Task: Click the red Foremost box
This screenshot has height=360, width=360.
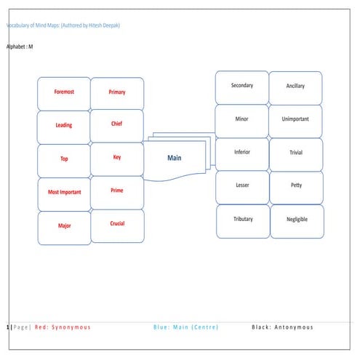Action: [x=64, y=92]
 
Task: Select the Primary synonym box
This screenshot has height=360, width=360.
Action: [x=117, y=92]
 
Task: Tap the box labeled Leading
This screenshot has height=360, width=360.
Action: [x=64, y=125]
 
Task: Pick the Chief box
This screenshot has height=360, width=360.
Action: [x=117, y=124]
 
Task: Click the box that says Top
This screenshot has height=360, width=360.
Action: [x=64, y=159]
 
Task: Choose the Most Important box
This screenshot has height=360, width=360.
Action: [x=64, y=192]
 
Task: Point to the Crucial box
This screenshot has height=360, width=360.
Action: [x=117, y=224]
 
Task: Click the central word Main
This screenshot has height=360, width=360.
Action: [x=175, y=159]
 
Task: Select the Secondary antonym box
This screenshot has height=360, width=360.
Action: [x=242, y=86]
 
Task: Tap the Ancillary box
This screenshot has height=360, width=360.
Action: [x=296, y=86]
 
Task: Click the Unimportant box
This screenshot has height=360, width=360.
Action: [x=296, y=119]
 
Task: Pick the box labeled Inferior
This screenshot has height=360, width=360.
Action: [x=242, y=152]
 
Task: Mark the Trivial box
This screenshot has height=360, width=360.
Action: [x=296, y=153]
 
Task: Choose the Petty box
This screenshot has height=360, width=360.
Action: [x=296, y=185]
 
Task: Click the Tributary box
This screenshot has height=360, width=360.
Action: [x=243, y=219]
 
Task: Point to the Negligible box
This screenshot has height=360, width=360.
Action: [x=296, y=220]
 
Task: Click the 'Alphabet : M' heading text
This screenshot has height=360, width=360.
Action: [x=20, y=47]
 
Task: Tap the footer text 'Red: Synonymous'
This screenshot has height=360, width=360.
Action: [x=63, y=327]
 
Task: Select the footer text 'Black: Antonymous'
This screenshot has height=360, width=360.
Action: [x=282, y=327]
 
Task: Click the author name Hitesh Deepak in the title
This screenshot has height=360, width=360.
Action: [x=102, y=25]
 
